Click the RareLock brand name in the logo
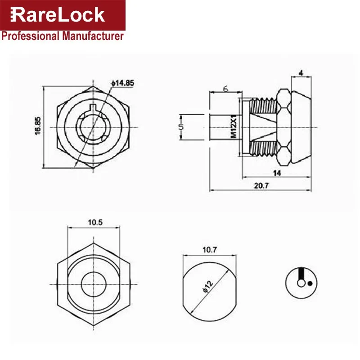pos(58,15)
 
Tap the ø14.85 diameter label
pos(122,83)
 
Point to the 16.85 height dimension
pos(38,126)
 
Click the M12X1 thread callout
pos(234,126)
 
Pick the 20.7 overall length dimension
pos(261,185)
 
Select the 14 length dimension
pos(277,173)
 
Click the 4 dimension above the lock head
pos(301,73)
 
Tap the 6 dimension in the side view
pos(226,89)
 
